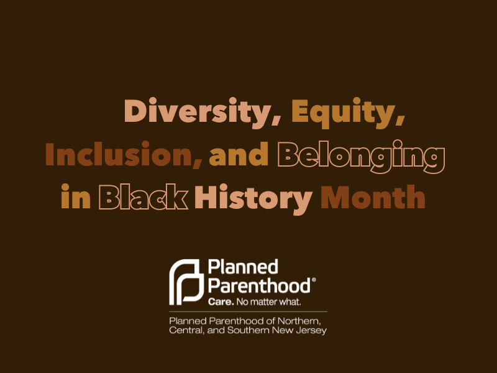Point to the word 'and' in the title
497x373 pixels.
click(239, 155)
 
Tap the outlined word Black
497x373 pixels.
click(144, 198)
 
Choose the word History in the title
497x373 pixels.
click(253, 198)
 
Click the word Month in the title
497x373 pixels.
click(373, 198)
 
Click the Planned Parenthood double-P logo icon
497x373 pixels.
click(186, 281)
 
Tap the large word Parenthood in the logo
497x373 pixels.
click(258, 286)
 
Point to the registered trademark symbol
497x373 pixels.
click(314, 281)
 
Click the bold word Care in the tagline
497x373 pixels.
click(218, 302)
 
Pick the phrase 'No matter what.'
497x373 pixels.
click(267, 302)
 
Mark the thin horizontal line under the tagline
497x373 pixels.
click(248, 311)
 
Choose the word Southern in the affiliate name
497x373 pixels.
click(250, 330)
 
